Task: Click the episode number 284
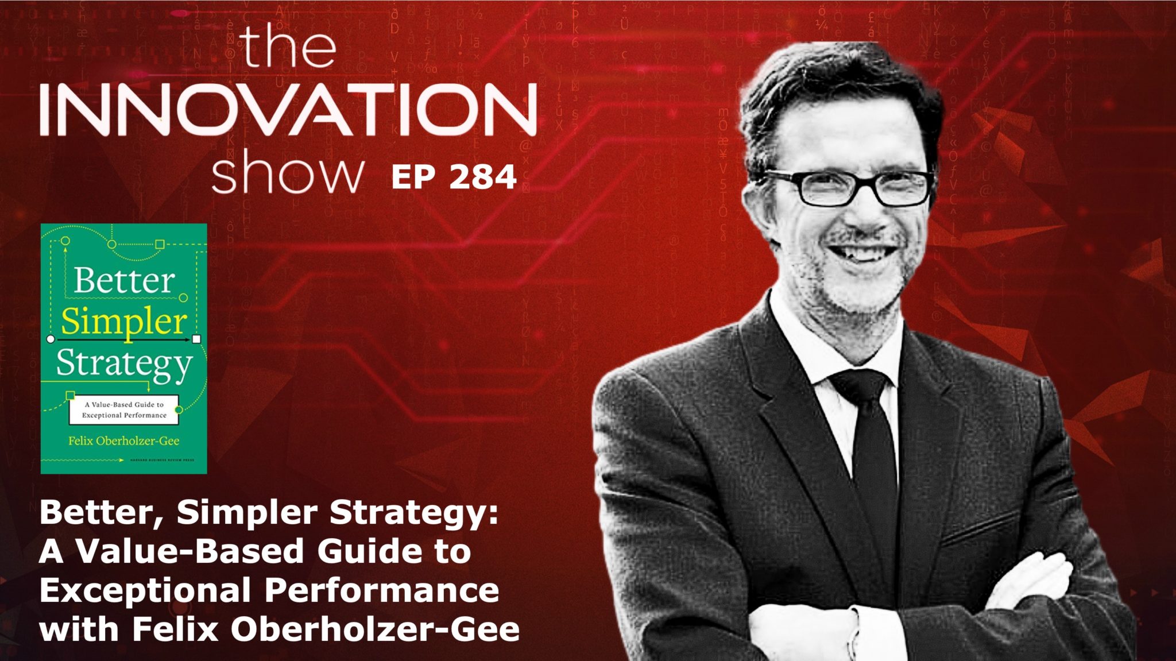click(x=483, y=177)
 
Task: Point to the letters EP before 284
click(x=413, y=177)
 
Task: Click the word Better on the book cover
click(x=124, y=281)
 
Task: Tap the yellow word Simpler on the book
click(x=124, y=322)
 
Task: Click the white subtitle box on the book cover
click(x=124, y=409)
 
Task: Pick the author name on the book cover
click(x=124, y=441)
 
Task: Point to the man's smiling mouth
click(x=861, y=253)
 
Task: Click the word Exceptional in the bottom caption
click(x=145, y=591)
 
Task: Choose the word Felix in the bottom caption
click(x=176, y=629)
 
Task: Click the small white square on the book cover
click(x=196, y=339)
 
